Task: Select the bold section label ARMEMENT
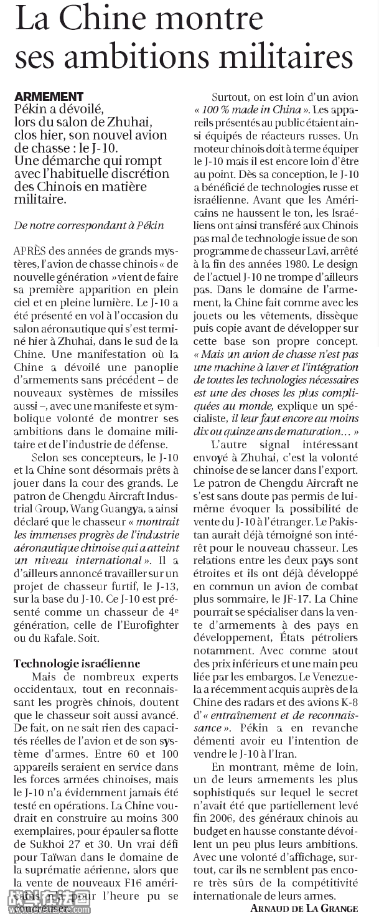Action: (x=49, y=97)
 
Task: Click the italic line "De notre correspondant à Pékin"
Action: (x=89, y=225)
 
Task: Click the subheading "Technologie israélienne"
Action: (x=77, y=664)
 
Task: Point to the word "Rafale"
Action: (x=62, y=638)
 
